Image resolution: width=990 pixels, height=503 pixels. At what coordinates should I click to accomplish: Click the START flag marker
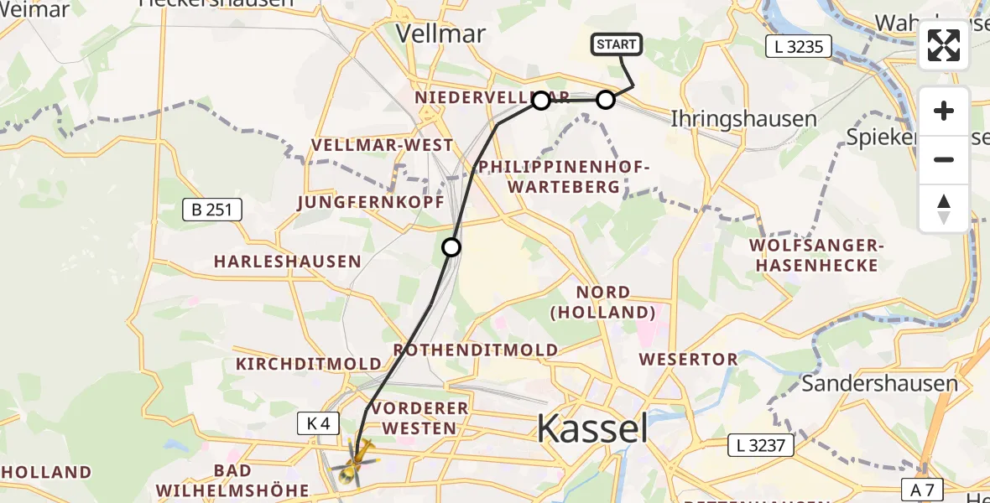click(x=617, y=45)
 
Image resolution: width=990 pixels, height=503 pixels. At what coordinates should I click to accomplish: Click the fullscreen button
click(x=944, y=45)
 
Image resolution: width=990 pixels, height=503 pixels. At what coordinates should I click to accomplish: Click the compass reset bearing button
click(x=944, y=209)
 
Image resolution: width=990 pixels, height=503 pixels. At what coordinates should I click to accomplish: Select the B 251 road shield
click(x=212, y=210)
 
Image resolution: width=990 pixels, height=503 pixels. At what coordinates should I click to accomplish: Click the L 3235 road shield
click(x=798, y=46)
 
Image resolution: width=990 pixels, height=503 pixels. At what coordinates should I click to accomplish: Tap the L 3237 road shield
click(x=757, y=444)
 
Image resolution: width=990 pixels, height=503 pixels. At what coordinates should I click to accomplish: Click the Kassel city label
click(x=591, y=429)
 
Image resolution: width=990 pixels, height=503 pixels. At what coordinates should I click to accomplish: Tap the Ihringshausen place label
click(x=732, y=119)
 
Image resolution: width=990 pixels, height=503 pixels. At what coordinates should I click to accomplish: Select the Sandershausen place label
click(x=879, y=384)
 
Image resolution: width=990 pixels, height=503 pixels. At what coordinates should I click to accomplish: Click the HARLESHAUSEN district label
click(x=287, y=262)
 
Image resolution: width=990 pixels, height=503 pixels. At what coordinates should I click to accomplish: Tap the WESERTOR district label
click(x=688, y=359)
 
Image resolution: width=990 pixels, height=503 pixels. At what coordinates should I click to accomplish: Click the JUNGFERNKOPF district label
click(x=358, y=202)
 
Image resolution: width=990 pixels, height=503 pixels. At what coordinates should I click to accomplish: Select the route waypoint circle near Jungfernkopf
click(x=451, y=246)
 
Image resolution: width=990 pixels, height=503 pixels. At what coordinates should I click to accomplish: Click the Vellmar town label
click(x=440, y=34)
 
